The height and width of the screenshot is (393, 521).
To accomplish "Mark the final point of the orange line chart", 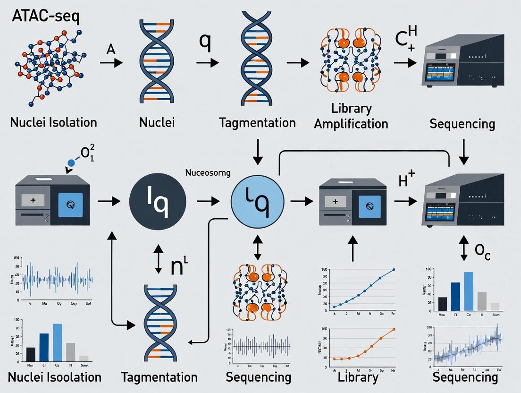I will pyautogui.click(x=394, y=330).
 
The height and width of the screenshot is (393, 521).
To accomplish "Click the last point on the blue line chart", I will pyautogui.click(x=394, y=270).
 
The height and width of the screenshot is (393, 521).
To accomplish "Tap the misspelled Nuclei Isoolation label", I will pyautogui.click(x=54, y=377).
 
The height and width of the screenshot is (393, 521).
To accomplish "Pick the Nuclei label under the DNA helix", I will pyautogui.click(x=157, y=123).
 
